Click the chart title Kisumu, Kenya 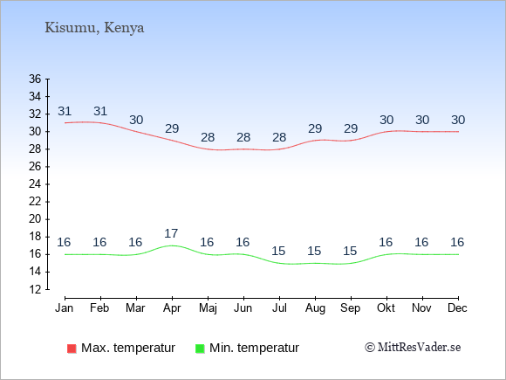click(94, 28)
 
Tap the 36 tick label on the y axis click(35, 79)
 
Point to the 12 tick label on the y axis click(35, 289)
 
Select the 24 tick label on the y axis click(35, 184)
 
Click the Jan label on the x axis click(65, 308)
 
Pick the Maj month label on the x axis click(208, 308)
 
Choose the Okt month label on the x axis click(386, 308)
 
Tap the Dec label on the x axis click(457, 308)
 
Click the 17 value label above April click(171, 233)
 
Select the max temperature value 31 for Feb click(100, 111)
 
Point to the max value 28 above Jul click(279, 137)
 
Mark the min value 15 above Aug click(314, 251)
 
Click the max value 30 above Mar click(136, 120)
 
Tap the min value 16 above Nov click(421, 242)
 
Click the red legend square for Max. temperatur click(72, 349)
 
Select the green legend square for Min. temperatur click(200, 349)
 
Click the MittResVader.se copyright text click(413, 348)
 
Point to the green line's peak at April click(172, 245)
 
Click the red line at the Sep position click(351, 141)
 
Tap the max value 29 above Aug click(315, 128)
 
